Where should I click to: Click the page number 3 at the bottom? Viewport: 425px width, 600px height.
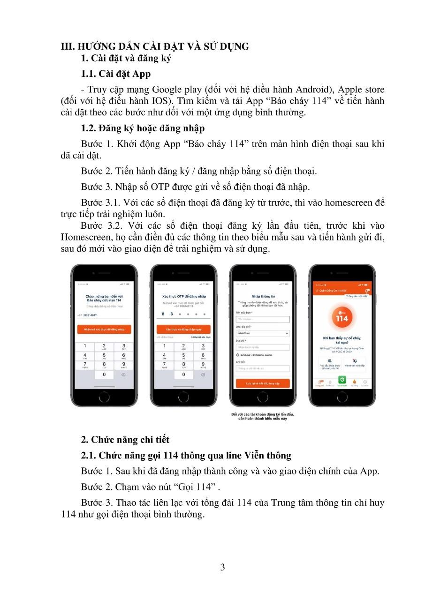pyautogui.click(x=222, y=568)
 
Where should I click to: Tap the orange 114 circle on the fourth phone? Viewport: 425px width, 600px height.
pyautogui.click(x=342, y=318)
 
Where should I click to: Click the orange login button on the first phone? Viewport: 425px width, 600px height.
pyautogui.click(x=104, y=330)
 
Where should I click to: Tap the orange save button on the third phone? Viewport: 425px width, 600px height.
pyautogui.click(x=263, y=383)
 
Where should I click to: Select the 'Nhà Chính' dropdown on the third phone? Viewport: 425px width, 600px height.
pyautogui.click(x=263, y=333)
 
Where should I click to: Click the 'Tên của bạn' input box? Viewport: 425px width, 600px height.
pyautogui.click(x=263, y=319)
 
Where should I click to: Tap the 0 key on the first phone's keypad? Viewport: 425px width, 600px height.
pyautogui.click(x=104, y=375)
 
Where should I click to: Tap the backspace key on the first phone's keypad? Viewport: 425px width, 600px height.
pyautogui.click(x=123, y=375)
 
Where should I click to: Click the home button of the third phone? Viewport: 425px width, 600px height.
pyautogui.click(x=263, y=397)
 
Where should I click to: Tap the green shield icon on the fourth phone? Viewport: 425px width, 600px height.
pyautogui.click(x=342, y=379)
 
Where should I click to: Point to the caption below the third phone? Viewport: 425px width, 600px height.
pyautogui.click(x=263, y=416)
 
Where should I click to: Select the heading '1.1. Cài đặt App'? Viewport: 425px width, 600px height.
pyautogui.click(x=115, y=74)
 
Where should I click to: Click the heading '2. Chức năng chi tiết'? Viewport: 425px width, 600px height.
pyautogui.click(x=125, y=440)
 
